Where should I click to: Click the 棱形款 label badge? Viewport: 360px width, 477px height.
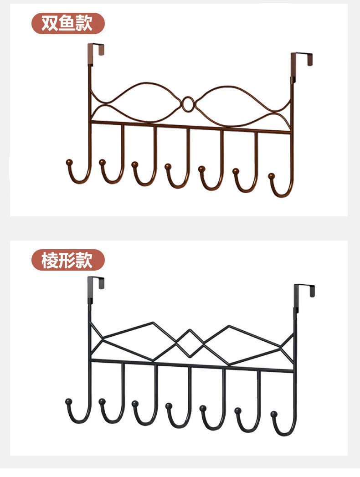click(x=67, y=261)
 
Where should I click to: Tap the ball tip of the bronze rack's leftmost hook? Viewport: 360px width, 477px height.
click(x=69, y=162)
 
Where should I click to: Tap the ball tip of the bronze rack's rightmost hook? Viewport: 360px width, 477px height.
click(x=272, y=176)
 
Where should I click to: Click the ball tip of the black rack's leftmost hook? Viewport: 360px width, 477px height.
click(x=69, y=401)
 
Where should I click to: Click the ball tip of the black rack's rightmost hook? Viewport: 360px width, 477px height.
click(x=274, y=414)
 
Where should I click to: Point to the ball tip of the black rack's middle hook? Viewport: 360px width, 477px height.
click(x=169, y=405)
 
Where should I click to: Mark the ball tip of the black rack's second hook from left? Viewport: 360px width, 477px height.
click(x=102, y=401)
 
